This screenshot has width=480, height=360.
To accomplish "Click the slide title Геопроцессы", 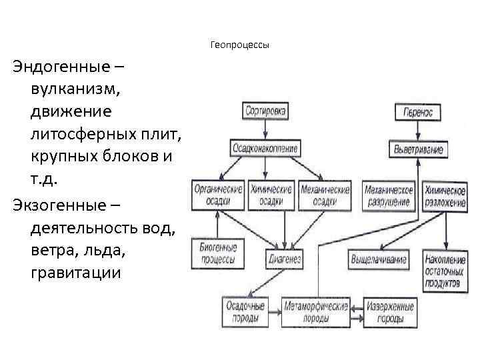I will point(239,45).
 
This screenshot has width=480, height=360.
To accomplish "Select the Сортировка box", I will point(265,111).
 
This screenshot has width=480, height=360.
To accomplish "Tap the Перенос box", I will point(418,112).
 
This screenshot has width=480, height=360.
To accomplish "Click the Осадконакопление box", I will point(265,147).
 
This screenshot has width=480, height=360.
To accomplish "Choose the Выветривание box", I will point(418,148).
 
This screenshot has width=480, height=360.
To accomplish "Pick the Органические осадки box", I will point(218,195).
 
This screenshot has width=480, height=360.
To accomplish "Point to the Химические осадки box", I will point(271,195).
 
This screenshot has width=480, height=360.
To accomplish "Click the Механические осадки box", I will point(325,195).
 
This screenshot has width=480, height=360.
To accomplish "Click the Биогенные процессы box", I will point(218,254).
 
